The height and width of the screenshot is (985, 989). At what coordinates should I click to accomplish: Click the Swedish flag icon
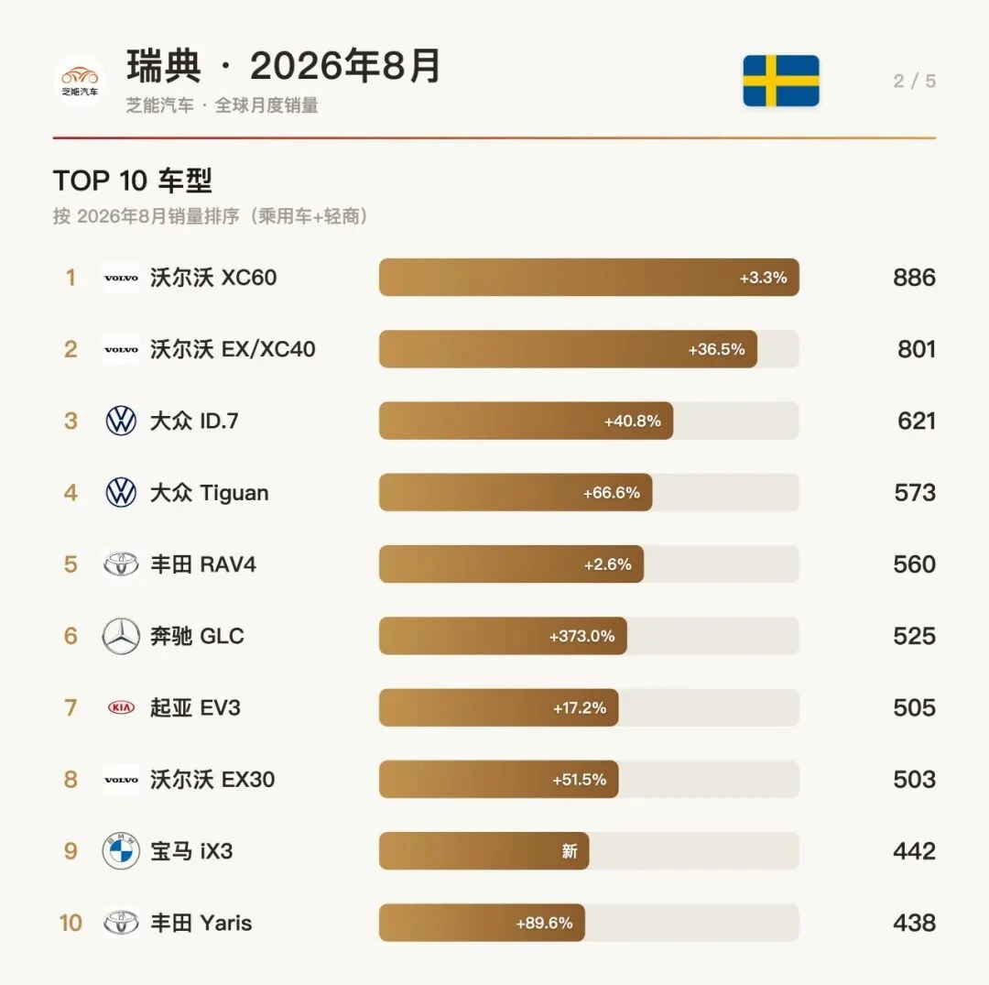coord(781,81)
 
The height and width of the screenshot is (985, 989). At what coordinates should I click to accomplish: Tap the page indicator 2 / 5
coord(914,81)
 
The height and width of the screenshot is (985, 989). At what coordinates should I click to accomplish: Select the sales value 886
coord(914,278)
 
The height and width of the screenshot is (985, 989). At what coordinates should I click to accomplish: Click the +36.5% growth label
coord(716,349)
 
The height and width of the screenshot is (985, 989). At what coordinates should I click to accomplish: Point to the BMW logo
coord(121,850)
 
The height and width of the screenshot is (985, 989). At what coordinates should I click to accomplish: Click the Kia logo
coord(121,707)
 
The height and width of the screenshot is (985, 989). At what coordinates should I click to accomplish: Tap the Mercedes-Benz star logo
coord(121,635)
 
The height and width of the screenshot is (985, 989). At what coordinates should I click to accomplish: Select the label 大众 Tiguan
coord(210,492)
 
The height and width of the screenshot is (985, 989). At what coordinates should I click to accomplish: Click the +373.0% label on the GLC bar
coord(581,636)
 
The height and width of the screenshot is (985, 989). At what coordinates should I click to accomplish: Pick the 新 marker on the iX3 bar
coord(570,851)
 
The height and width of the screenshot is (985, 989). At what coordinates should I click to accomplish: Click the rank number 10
coord(71,923)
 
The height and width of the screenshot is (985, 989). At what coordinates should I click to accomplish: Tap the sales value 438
coord(914,923)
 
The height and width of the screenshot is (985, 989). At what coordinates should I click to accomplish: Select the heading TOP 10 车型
coord(133,181)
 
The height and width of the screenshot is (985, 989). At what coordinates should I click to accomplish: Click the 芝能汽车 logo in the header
coord(80,81)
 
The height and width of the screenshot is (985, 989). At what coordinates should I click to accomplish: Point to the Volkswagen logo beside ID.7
coord(121,421)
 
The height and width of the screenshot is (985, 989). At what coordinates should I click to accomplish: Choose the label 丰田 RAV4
coord(203,564)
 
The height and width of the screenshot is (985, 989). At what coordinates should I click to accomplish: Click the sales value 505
coord(914,707)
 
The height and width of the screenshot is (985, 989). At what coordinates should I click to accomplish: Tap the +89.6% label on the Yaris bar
coord(544,924)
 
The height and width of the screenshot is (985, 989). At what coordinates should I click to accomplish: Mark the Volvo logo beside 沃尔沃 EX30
coord(121,779)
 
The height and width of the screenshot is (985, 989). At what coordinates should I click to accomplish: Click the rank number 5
coord(71,564)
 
